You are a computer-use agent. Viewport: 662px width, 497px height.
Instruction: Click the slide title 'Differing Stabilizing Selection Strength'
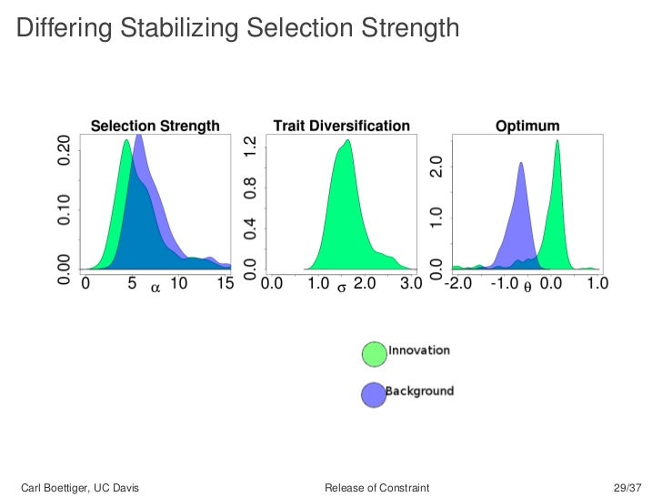237,29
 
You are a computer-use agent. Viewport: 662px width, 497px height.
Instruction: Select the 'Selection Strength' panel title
155,126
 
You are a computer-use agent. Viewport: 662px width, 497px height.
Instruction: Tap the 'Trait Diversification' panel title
341,126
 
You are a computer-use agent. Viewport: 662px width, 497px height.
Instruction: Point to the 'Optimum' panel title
527,126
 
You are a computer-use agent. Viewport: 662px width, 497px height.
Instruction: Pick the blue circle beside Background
374,394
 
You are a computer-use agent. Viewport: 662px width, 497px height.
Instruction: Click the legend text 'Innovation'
418,350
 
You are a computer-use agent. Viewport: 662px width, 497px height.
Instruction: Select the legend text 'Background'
419,390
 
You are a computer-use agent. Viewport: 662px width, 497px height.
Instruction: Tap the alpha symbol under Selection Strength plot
155,287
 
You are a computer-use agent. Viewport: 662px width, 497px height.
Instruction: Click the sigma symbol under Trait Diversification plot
341,287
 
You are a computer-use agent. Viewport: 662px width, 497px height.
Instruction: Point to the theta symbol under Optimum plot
528,287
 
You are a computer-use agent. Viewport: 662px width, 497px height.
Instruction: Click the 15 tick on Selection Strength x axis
225,285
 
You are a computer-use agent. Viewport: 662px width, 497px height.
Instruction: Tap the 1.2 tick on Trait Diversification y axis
250,149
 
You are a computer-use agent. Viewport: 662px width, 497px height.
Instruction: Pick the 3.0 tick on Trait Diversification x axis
411,285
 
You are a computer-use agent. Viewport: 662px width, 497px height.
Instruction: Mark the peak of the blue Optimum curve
521,164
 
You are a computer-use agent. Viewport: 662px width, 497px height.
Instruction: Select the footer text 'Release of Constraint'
376,489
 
